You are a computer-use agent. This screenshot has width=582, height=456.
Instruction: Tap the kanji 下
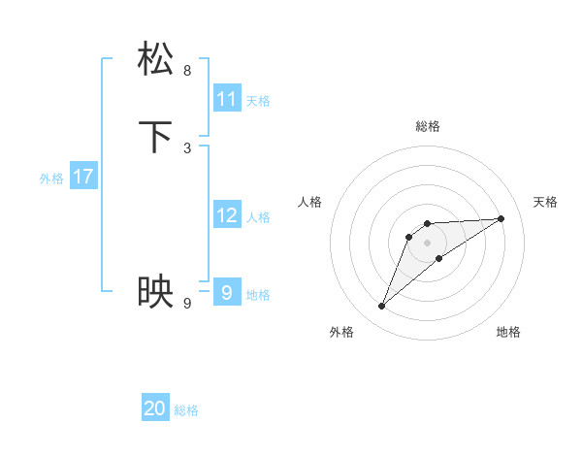click(156, 137)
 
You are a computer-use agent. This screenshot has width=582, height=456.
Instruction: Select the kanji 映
click(156, 291)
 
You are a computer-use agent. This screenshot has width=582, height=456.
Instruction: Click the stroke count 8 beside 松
click(187, 70)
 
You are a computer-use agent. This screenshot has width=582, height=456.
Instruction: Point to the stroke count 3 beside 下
click(187, 147)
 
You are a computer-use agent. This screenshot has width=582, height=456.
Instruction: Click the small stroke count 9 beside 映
click(187, 304)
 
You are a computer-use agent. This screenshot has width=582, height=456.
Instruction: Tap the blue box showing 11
click(227, 99)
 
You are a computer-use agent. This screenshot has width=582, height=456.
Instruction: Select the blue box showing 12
click(227, 215)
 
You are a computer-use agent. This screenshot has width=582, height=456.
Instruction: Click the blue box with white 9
click(227, 291)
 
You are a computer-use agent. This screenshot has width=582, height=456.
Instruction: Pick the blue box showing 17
click(83, 177)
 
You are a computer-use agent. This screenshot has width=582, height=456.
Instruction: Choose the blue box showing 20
click(155, 408)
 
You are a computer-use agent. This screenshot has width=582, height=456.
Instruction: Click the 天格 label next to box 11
click(258, 101)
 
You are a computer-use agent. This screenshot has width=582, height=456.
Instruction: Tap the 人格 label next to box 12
click(258, 217)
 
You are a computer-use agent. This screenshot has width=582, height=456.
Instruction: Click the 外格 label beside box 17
click(51, 179)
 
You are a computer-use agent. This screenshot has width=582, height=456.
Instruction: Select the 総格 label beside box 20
click(186, 410)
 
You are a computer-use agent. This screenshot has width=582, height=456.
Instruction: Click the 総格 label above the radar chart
click(428, 126)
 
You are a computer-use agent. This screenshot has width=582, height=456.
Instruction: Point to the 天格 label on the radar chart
click(545, 202)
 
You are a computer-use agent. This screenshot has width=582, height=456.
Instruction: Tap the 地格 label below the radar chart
click(508, 332)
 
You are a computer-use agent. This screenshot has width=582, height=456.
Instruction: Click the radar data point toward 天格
click(501, 218)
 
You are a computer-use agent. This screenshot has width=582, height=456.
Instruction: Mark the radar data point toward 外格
click(382, 307)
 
